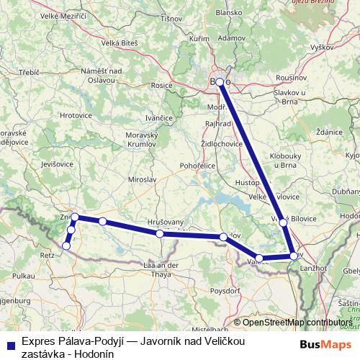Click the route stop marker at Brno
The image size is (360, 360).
(x=220, y=82)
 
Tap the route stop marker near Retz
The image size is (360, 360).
(x=66, y=246)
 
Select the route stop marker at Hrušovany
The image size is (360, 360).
(x=159, y=234)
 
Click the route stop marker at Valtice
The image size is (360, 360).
(x=259, y=258)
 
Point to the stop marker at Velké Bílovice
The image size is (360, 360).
(x=283, y=222)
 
